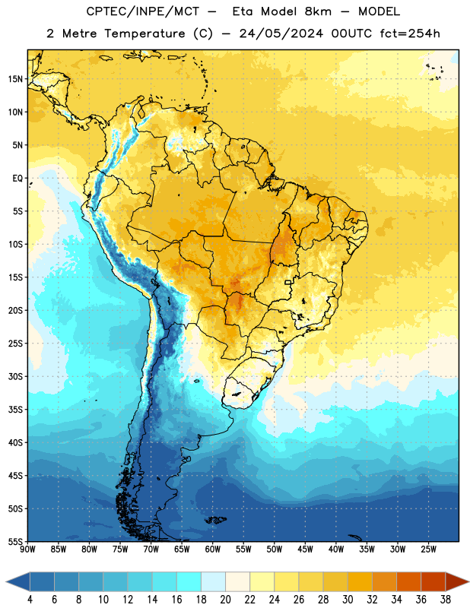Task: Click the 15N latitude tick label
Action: tap(15, 79)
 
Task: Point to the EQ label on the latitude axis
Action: tap(17, 179)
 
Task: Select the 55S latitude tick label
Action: tap(15, 541)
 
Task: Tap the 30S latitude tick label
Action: tap(15, 376)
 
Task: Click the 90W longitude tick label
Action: tap(27, 549)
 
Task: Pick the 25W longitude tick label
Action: tap(428, 549)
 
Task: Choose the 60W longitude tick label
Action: tap(213, 549)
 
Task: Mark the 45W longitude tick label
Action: tap(305, 549)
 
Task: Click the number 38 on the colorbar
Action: tap(445, 600)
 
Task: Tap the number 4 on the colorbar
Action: tap(30, 600)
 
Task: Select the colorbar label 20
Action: tap(225, 600)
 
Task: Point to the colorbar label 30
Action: tap(348, 600)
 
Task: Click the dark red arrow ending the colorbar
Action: tap(456, 582)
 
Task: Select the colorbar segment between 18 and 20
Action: tap(213, 582)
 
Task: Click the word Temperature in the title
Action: tap(144, 33)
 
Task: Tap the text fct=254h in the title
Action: tap(410, 33)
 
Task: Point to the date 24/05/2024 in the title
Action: tap(281, 33)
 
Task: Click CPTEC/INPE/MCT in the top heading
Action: tap(142, 11)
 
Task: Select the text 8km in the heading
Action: tap(318, 11)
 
